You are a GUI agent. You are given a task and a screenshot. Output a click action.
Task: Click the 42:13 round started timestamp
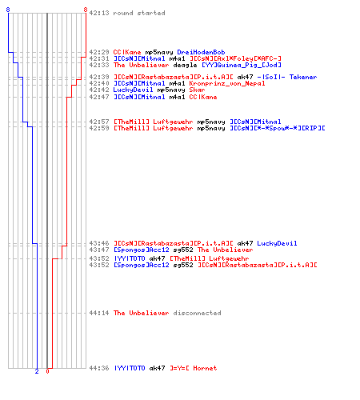(99, 13)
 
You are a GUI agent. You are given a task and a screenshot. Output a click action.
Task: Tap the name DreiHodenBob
(201, 52)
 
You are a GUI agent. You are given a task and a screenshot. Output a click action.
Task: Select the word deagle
(185, 65)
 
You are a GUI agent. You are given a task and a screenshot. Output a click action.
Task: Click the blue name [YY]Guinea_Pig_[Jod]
(242, 65)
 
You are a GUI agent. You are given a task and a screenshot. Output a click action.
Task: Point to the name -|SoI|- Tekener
(287, 77)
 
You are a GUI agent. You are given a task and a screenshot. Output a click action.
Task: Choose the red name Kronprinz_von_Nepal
(227, 83)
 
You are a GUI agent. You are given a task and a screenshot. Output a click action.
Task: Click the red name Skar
(197, 90)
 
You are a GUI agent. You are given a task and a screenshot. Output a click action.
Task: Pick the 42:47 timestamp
(99, 97)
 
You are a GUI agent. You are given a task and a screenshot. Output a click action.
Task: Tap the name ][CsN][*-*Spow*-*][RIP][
(278, 128)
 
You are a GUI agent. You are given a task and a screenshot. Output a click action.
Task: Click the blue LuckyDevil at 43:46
(277, 243)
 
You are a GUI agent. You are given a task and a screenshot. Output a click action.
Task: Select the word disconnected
(197, 313)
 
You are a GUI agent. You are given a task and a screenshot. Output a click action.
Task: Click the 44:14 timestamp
(99, 313)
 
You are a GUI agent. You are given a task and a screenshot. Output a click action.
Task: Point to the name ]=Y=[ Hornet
(194, 368)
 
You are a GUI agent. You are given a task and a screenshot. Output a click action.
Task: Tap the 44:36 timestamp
(99, 368)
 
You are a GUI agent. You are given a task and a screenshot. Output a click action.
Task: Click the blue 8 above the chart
(8, 10)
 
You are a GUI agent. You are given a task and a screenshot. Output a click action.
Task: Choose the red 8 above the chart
(86, 10)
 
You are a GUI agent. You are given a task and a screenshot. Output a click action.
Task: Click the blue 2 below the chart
(37, 371)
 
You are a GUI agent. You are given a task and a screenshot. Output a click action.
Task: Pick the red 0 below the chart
(47, 371)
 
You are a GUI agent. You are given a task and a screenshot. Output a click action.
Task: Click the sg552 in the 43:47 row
(183, 250)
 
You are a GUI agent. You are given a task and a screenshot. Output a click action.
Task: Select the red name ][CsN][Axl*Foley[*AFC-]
(235, 58)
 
